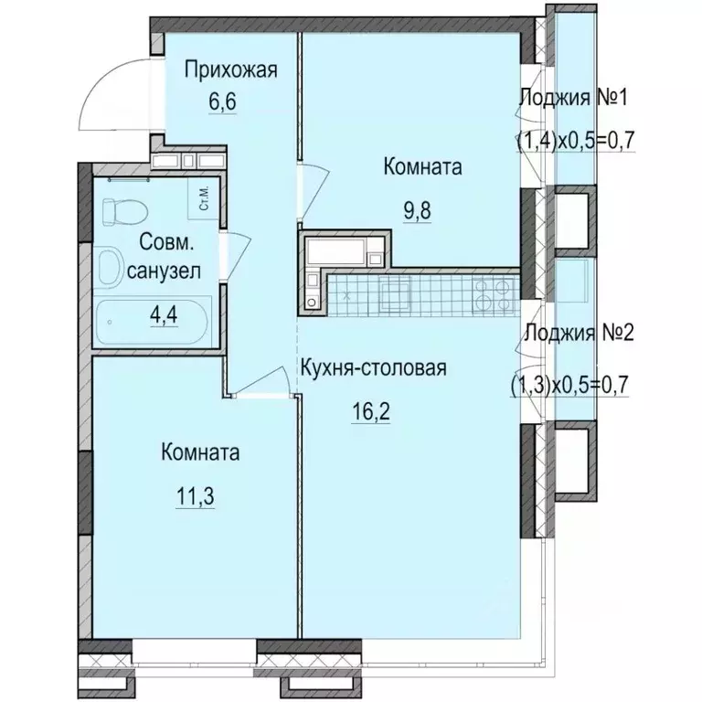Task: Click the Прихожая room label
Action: (229, 69)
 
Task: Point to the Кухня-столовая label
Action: (375, 369)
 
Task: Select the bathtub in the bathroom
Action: (155, 322)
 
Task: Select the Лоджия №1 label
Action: (575, 99)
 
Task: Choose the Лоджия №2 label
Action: (575, 333)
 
